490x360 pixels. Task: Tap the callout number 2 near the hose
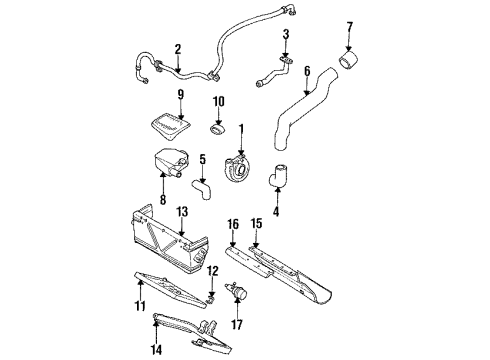[177, 49]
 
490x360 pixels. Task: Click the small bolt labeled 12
[213, 297]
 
